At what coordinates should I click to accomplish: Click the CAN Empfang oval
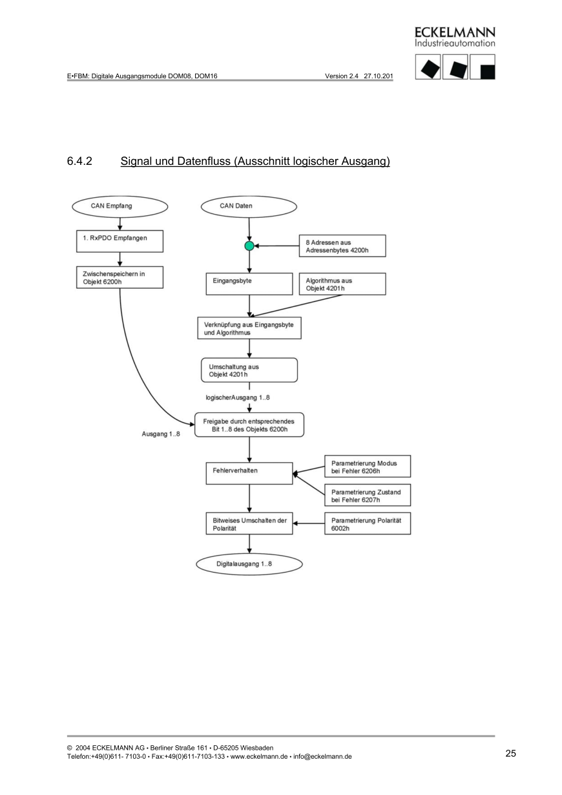click(120, 206)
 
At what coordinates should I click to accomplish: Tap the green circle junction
click(249, 246)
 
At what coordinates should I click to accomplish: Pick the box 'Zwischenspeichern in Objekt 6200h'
click(120, 277)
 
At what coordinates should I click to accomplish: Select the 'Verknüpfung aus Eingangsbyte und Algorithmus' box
click(249, 328)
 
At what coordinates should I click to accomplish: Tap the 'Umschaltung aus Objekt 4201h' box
click(249, 370)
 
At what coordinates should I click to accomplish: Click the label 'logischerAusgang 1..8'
click(233, 397)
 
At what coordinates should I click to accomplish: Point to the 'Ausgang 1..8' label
click(161, 434)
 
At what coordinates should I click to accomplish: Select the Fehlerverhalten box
click(249, 471)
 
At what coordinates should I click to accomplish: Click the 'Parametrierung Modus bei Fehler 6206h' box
click(367, 467)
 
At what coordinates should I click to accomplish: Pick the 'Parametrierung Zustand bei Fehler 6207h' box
click(367, 496)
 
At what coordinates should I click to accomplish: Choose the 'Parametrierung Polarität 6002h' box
click(367, 524)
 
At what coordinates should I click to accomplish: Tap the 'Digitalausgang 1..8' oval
click(249, 564)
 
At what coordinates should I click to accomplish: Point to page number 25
click(510, 754)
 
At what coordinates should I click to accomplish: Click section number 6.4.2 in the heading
click(79, 161)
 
